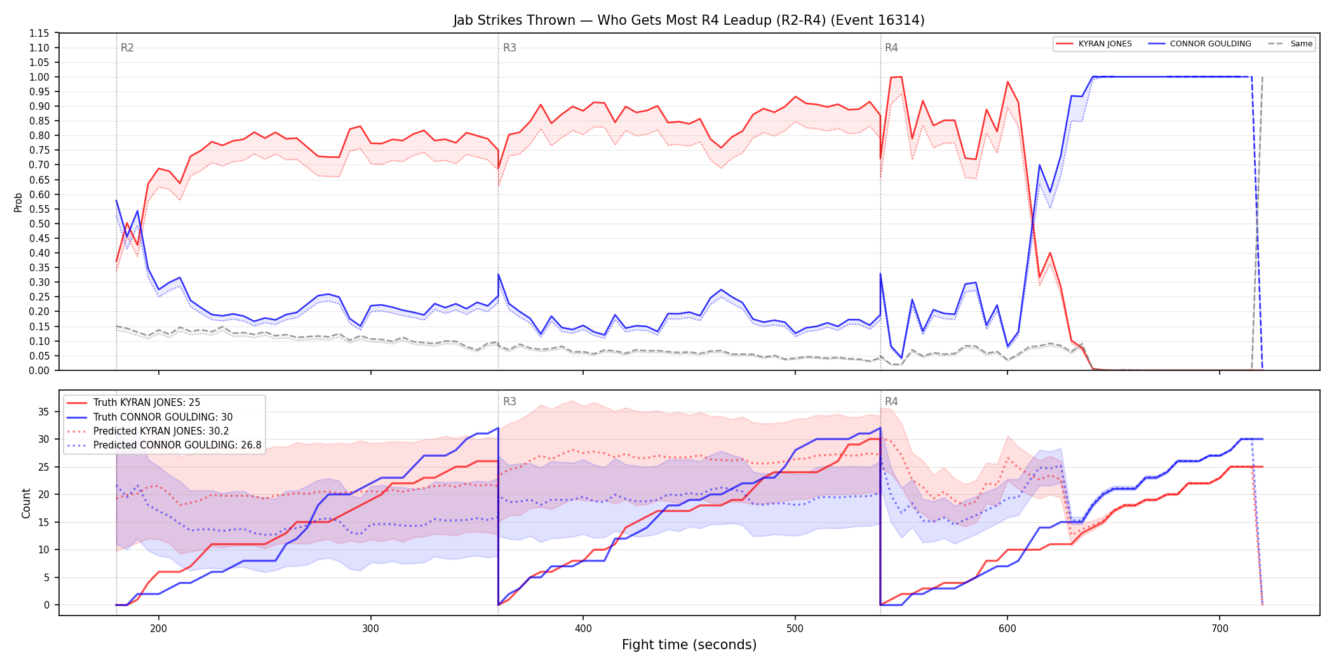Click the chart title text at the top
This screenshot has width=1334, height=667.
click(689, 20)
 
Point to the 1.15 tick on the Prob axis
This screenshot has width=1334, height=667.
click(40, 33)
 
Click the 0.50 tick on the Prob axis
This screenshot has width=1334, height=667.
click(40, 224)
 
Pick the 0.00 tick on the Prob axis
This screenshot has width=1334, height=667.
click(40, 370)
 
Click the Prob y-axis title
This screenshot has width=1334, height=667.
click(18, 202)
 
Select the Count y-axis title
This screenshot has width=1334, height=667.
click(26, 503)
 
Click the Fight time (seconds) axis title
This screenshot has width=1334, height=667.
click(689, 645)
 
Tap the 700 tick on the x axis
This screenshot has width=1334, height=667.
click(1220, 629)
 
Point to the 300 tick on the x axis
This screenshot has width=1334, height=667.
click(371, 629)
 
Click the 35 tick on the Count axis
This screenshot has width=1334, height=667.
click(44, 412)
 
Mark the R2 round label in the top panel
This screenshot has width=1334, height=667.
click(127, 48)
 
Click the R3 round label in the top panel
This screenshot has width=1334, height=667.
click(509, 48)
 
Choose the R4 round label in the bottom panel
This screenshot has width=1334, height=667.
click(891, 401)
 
